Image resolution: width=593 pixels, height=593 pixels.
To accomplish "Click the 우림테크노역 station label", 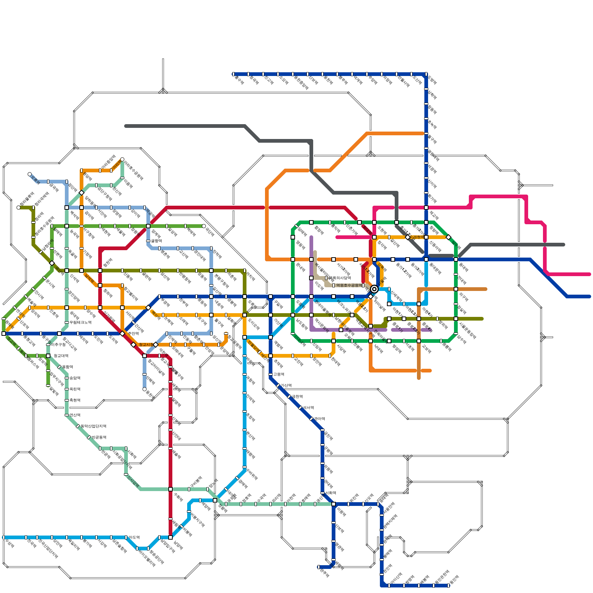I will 80,322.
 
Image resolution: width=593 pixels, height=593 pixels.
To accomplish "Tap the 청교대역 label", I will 61,356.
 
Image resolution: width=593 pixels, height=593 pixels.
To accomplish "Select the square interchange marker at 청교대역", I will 48,356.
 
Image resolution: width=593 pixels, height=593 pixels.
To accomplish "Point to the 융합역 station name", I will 67,367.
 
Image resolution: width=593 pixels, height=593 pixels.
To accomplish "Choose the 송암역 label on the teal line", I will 75,378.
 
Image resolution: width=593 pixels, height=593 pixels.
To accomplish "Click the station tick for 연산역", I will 67,415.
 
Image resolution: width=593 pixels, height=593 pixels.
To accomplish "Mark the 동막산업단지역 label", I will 93,426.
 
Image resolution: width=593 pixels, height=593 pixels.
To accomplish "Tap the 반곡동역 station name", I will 99,437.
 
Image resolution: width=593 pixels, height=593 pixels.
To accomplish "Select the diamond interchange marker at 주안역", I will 123,334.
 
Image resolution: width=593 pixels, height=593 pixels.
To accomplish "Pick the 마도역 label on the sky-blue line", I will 134,537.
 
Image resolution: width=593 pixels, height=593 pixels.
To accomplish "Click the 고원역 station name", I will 278,374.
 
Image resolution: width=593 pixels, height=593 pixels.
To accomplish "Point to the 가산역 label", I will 286,385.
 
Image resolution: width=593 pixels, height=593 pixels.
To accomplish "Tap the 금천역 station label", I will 297,397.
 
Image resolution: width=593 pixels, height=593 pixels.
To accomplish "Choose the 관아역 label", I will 319,419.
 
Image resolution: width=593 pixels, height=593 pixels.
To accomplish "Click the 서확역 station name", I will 331,493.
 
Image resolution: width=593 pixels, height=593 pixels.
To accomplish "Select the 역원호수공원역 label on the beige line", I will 349,285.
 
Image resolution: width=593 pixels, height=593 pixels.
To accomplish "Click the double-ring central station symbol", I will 374,289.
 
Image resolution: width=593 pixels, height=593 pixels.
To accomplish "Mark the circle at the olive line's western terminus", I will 19,208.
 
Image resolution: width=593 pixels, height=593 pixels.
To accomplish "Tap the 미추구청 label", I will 58,345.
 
